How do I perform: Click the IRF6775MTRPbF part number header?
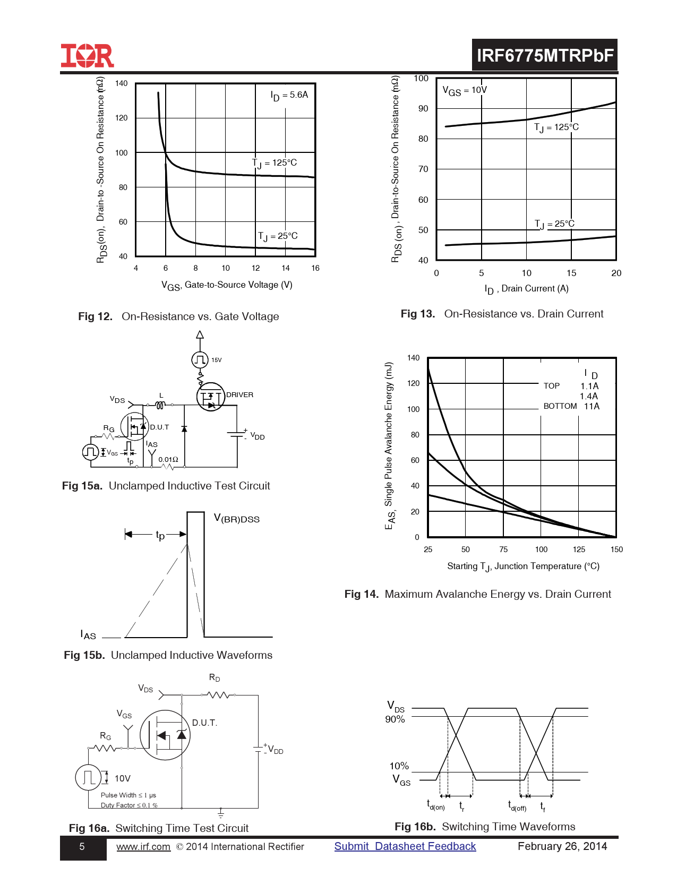(545, 55)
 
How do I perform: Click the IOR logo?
(87, 56)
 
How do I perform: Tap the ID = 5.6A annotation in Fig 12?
(289, 96)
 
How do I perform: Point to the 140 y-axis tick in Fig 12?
(122, 83)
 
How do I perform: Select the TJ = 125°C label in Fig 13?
(556, 127)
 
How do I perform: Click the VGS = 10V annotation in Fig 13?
(465, 91)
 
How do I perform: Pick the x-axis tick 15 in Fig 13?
(571, 273)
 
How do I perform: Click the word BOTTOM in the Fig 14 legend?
(560, 406)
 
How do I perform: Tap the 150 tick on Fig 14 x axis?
(616, 549)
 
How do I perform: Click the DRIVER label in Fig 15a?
(239, 395)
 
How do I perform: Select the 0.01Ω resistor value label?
(168, 460)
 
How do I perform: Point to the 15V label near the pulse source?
(217, 360)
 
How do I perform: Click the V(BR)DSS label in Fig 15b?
(237, 519)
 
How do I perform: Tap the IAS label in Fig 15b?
(88, 635)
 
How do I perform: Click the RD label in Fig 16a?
(215, 678)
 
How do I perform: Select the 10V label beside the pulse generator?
(123, 779)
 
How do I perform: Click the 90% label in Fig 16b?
(395, 719)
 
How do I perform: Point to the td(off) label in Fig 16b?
(517, 806)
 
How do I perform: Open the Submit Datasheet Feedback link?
(405, 847)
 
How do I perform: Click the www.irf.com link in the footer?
(143, 847)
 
